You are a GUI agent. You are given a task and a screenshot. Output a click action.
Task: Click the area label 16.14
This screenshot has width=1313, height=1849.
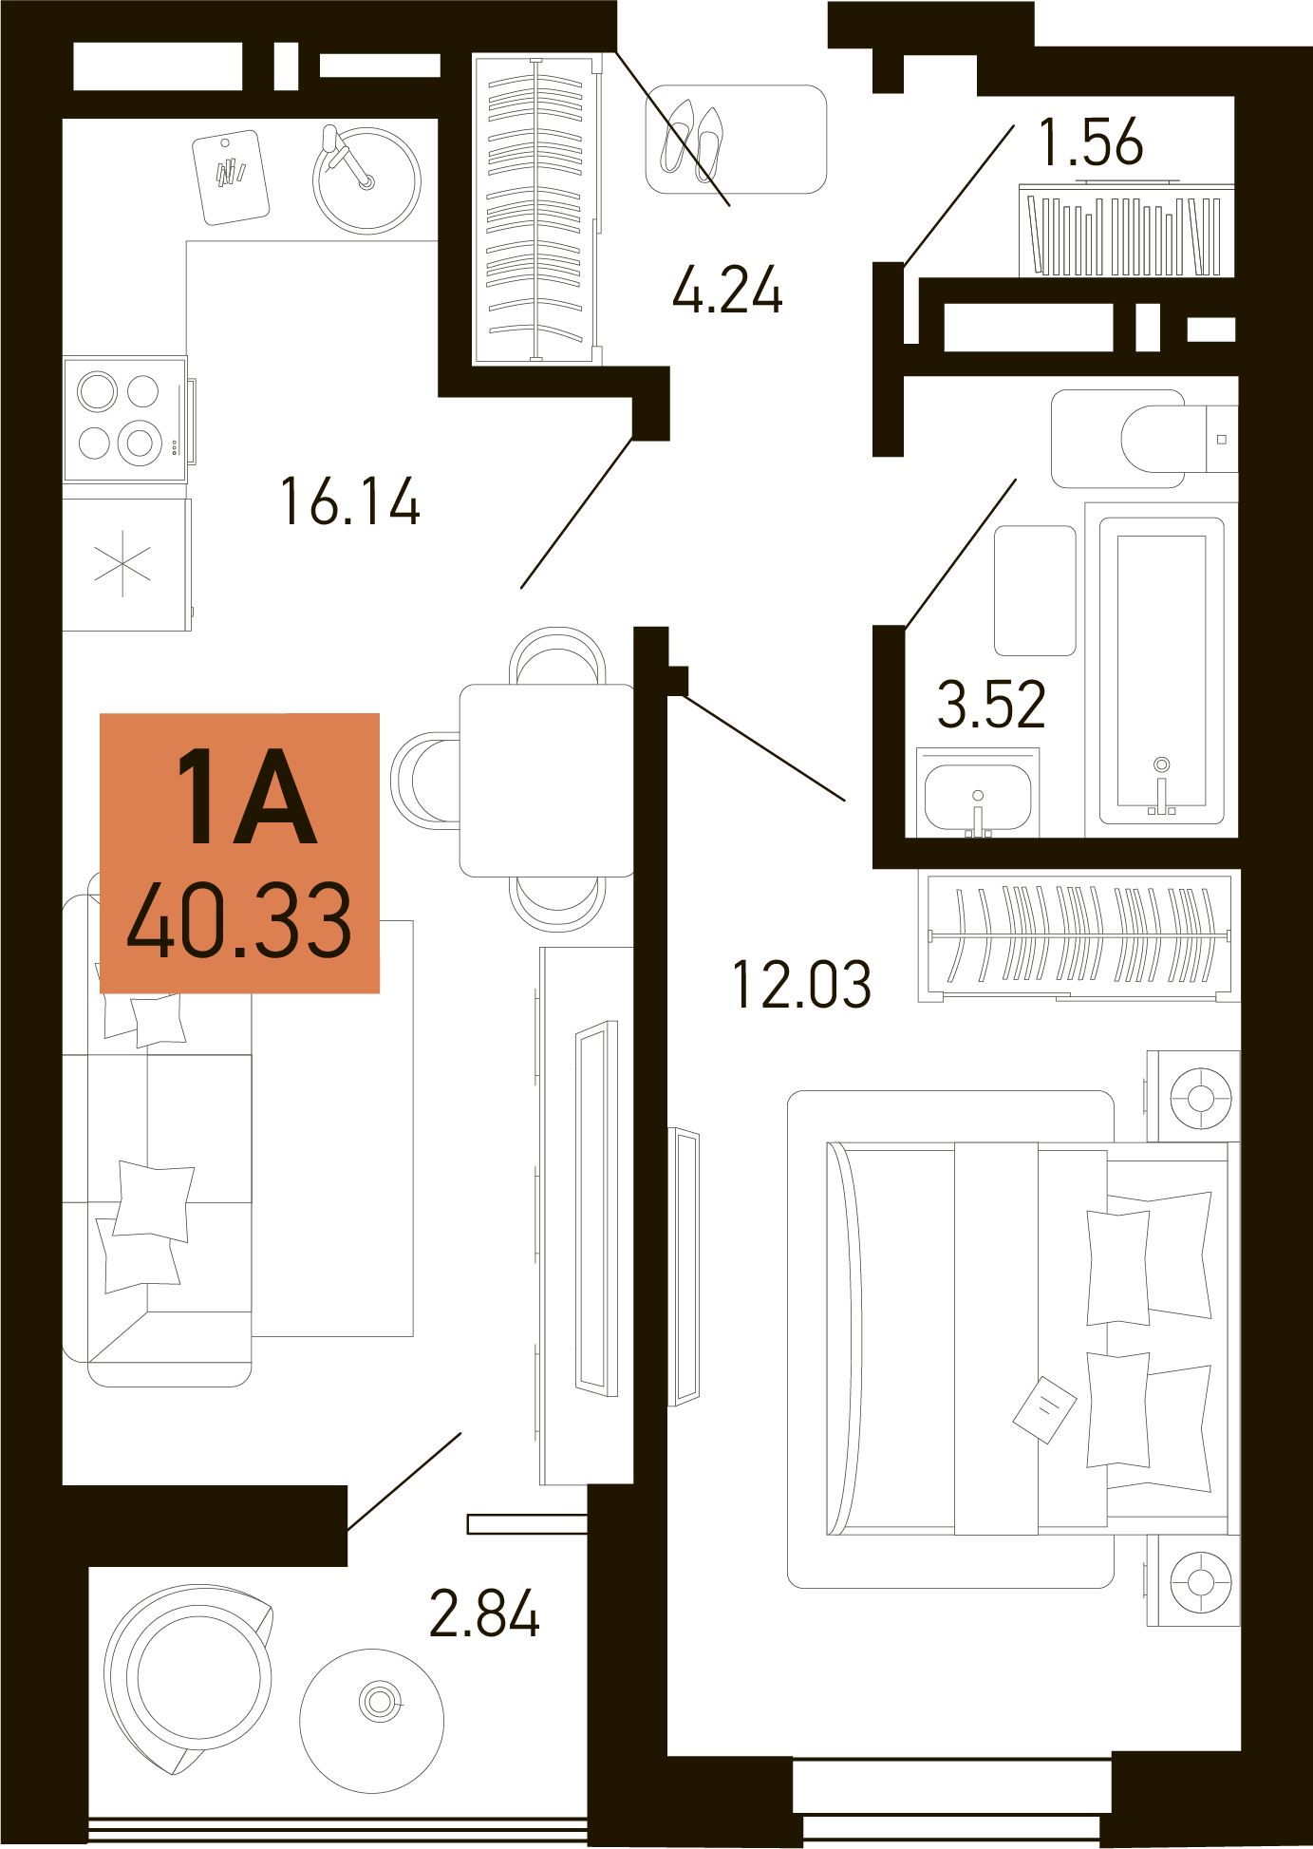pos(350,501)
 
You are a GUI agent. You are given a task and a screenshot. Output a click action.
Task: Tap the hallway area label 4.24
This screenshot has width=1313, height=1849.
pos(728,290)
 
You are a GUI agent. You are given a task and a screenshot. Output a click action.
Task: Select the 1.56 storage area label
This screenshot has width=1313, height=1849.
pos(1091,142)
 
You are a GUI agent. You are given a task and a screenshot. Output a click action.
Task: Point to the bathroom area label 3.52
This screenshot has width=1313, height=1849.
pos(991,704)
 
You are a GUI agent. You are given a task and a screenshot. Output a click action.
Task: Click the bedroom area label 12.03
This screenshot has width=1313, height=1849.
pos(802,984)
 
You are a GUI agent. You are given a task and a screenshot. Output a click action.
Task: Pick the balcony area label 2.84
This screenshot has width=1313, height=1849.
pos(484,1613)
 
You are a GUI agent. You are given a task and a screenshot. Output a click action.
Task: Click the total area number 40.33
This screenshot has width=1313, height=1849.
pos(239,919)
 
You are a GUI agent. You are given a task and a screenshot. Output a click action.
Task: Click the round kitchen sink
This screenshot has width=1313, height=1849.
pos(366,180)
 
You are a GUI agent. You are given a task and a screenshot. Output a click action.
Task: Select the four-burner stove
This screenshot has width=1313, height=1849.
pos(125,419)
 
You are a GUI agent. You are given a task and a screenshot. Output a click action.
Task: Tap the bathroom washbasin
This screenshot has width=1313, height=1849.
pos(978,794)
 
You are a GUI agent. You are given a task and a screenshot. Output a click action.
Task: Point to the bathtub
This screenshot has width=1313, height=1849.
pos(1161,670)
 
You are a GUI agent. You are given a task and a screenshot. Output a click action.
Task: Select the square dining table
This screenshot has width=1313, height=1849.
pos(547,781)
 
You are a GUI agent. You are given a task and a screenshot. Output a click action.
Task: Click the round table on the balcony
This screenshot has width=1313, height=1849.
pos(372,1721)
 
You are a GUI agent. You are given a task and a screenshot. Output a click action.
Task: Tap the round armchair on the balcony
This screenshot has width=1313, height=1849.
pos(188,1679)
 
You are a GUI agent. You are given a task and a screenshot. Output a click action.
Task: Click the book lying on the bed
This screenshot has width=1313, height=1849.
pos(1044,1409)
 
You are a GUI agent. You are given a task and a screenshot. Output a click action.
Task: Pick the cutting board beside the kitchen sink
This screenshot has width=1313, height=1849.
pos(231,178)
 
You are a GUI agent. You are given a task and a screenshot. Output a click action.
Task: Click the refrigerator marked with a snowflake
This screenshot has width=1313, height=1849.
pos(126,565)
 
